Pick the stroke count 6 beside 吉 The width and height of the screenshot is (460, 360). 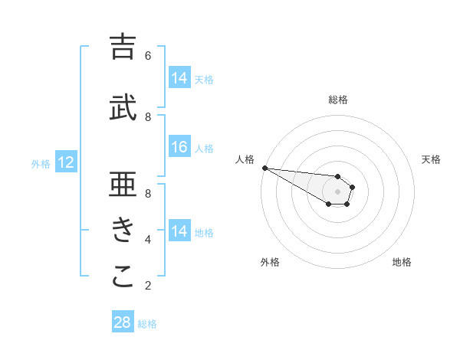pyautogui.click(x=148, y=55)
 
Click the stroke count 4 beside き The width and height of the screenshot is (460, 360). pyautogui.click(x=148, y=239)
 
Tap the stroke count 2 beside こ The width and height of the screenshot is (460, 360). pyautogui.click(x=148, y=285)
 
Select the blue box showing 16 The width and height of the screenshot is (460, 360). pyautogui.click(x=179, y=148)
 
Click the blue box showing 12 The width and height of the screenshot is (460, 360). pyautogui.click(x=66, y=162)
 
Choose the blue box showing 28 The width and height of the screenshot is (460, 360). pyautogui.click(x=123, y=322)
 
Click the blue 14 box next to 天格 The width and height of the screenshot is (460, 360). pyautogui.click(x=179, y=78)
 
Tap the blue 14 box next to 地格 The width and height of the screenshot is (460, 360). pyautogui.click(x=179, y=231)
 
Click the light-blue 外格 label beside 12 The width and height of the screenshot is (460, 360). pyautogui.click(x=41, y=163)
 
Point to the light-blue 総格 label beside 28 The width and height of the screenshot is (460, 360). pyautogui.click(x=147, y=324)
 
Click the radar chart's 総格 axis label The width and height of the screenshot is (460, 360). pyautogui.click(x=338, y=100)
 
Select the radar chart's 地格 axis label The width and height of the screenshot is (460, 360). pyautogui.click(x=402, y=263)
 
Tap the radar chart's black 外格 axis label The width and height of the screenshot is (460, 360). pyautogui.click(x=270, y=263)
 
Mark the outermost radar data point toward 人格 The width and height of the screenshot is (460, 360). pyautogui.click(x=264, y=168)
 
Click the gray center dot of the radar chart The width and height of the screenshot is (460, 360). pyautogui.click(x=338, y=191)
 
